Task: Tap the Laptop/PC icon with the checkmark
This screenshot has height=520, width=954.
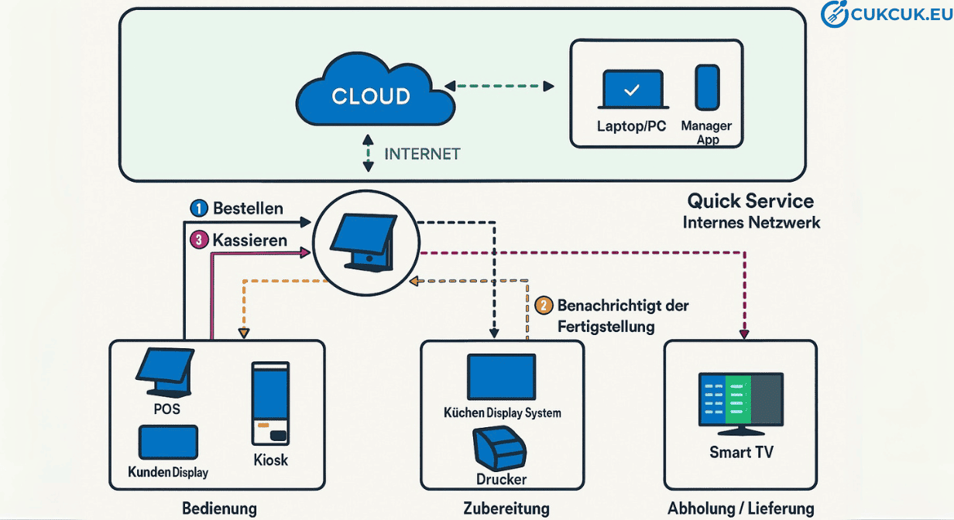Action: (632, 91)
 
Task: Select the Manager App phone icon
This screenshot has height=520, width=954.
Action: (706, 87)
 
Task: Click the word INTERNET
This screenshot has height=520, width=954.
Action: (422, 153)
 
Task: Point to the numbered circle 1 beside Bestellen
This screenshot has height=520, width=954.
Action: (199, 208)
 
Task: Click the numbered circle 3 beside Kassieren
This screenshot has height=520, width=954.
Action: (199, 241)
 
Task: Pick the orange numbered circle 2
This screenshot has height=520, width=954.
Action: (544, 305)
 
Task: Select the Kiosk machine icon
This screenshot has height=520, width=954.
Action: (269, 402)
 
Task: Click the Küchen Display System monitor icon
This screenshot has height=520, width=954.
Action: (501, 377)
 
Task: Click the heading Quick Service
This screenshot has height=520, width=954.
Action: (750, 201)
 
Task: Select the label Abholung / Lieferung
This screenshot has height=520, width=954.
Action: (740, 508)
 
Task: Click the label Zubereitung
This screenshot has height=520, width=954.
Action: (506, 508)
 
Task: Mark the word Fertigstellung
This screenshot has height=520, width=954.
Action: (606, 327)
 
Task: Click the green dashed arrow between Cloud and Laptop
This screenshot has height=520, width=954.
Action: (499, 84)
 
